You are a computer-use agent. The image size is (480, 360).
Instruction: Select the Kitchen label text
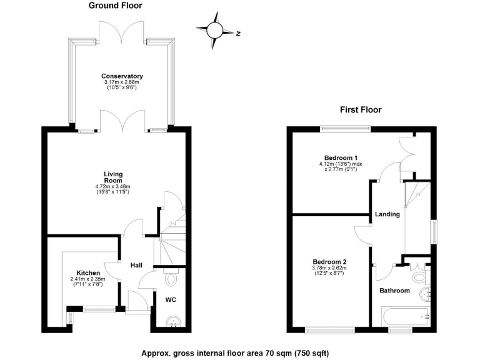click(x=88, y=272)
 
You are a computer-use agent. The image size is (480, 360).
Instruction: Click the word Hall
click(x=136, y=266)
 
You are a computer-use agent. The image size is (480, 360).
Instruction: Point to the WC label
click(x=171, y=300)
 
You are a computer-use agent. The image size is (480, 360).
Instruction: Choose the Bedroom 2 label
click(x=329, y=262)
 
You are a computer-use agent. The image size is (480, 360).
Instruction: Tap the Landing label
click(x=387, y=214)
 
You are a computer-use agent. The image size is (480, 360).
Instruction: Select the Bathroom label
click(x=395, y=291)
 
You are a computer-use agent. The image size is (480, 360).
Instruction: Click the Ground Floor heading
click(x=115, y=6)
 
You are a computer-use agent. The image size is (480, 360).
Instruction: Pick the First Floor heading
click(x=361, y=109)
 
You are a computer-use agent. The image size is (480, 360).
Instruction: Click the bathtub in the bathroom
click(x=406, y=316)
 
